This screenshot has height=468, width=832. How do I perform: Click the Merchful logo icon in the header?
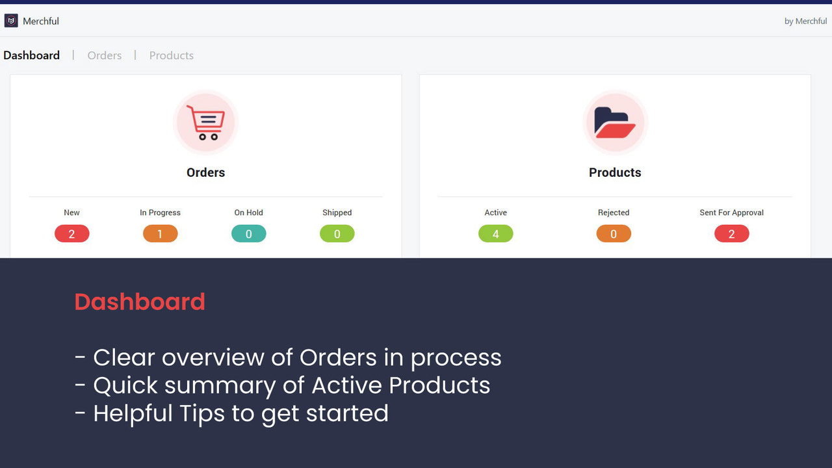11,21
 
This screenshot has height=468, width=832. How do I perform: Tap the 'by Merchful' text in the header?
805,21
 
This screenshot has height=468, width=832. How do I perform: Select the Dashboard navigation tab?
31,55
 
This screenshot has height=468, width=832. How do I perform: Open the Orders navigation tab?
105,55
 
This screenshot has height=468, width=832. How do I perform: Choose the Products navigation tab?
172,55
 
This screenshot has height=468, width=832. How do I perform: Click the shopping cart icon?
205,122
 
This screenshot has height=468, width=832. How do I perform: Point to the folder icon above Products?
615,122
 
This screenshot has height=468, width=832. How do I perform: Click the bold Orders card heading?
205,172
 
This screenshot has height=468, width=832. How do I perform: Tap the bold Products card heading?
615,172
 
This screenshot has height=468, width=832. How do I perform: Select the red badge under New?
71,234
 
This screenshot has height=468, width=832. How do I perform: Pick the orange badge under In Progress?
160,234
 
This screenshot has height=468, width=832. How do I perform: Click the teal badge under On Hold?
248,234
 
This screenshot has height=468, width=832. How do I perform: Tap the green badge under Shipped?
337,234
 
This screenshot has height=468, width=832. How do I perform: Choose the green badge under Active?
495,234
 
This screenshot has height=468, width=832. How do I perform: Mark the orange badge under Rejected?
614,234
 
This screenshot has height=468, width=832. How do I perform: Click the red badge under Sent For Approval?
731,234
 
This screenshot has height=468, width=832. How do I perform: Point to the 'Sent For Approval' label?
731,213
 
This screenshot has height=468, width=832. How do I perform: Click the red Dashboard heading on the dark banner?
140,302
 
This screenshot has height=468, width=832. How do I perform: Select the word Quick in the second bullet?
125,385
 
